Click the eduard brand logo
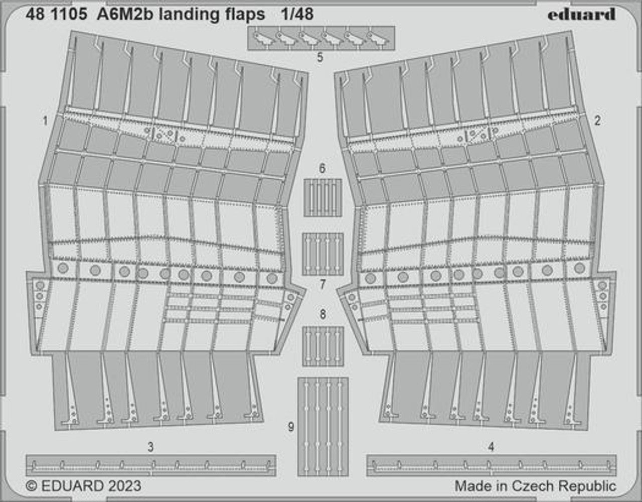[x=581, y=14]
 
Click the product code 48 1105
[x=57, y=14]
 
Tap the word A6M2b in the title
[x=125, y=14]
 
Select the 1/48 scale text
[x=297, y=14]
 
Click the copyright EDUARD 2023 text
[x=84, y=486]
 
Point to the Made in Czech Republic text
[x=535, y=486]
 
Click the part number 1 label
[x=45, y=121]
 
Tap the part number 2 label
[x=597, y=120]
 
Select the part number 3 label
[x=150, y=447]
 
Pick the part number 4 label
[x=491, y=447]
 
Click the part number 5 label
[x=320, y=57]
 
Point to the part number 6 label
[x=323, y=168]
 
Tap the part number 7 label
[x=323, y=285]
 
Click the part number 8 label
[x=323, y=314]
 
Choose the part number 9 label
[x=291, y=427]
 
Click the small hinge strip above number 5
[x=321, y=38]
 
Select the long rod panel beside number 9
[x=323, y=427]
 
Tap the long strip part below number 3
[x=151, y=465]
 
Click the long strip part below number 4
[x=492, y=465]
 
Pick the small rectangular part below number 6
[x=323, y=198]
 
